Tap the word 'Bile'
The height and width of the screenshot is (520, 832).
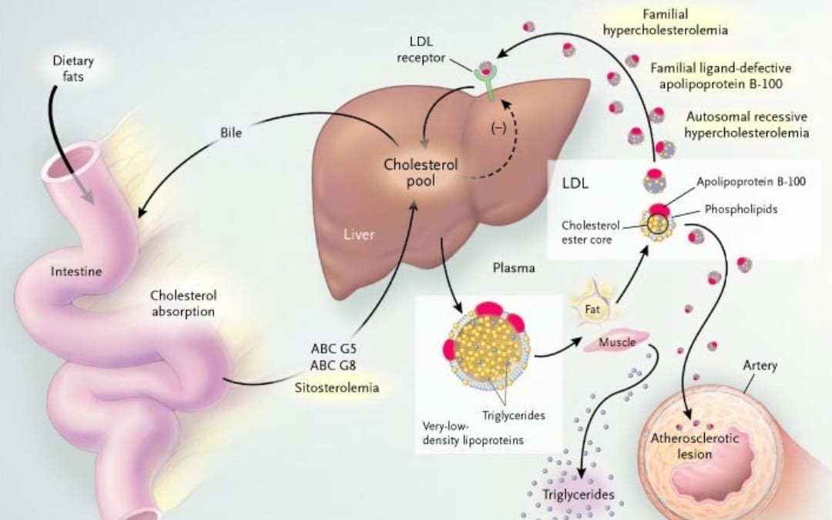[x=230, y=133]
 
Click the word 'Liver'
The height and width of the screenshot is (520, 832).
[x=359, y=234]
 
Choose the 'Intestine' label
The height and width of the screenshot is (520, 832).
[x=75, y=272]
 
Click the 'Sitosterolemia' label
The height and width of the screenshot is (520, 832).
[x=337, y=387]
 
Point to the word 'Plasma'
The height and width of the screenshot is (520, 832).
[x=514, y=268]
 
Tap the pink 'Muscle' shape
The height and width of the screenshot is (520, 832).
[x=616, y=342]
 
